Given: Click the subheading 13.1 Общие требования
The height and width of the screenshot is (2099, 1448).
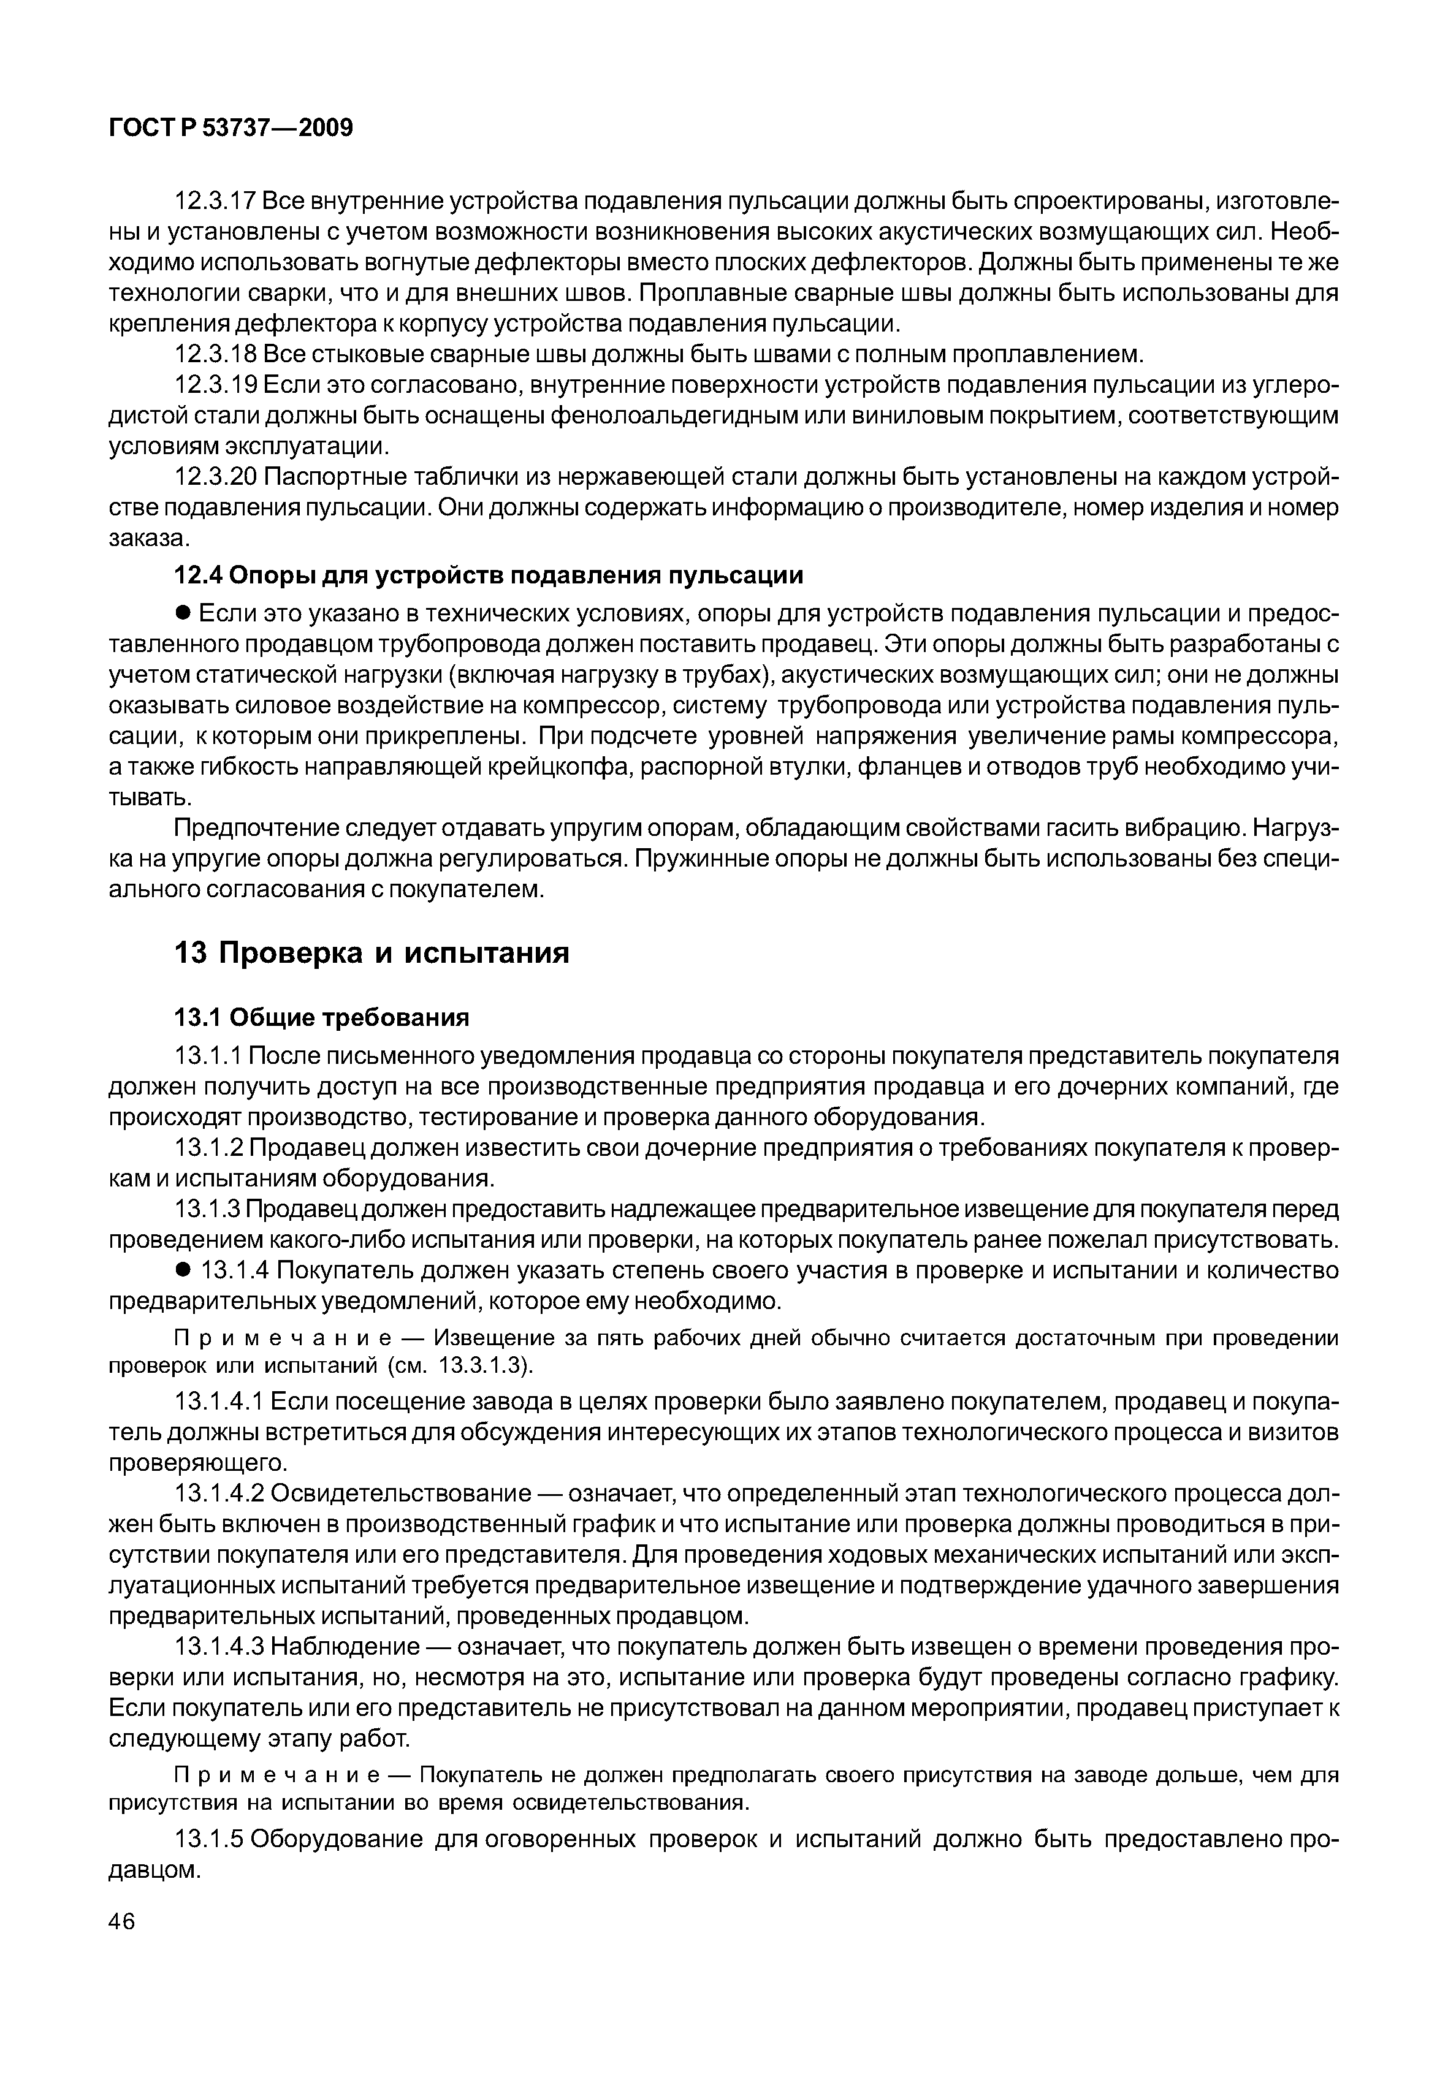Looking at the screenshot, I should point(321,1018).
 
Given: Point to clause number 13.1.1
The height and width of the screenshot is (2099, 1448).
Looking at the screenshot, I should point(208,1057).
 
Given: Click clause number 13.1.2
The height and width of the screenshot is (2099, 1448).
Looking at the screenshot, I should point(208,1148).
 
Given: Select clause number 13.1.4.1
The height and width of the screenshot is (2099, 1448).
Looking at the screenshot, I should point(219,1402).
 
